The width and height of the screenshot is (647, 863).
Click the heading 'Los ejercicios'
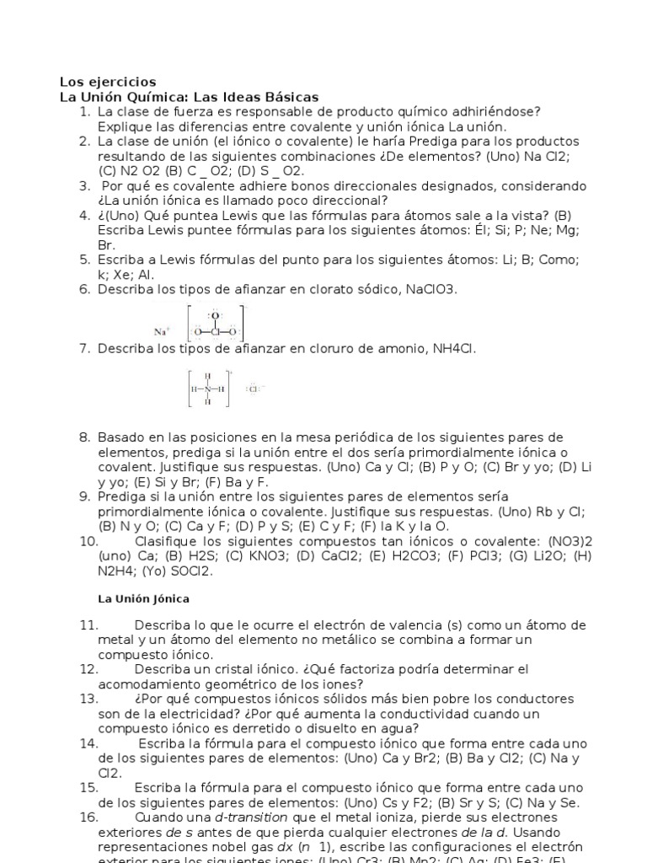(108, 82)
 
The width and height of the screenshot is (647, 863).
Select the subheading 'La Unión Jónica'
(143, 598)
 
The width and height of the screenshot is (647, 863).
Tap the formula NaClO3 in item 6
(430, 289)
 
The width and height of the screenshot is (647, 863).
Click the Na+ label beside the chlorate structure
(162, 331)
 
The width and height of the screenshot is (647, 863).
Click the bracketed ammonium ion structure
(208, 389)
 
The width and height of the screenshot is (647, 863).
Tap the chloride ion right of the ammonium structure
(254, 389)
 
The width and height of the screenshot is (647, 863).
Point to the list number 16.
(88, 817)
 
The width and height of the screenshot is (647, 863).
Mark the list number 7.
(84, 348)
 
